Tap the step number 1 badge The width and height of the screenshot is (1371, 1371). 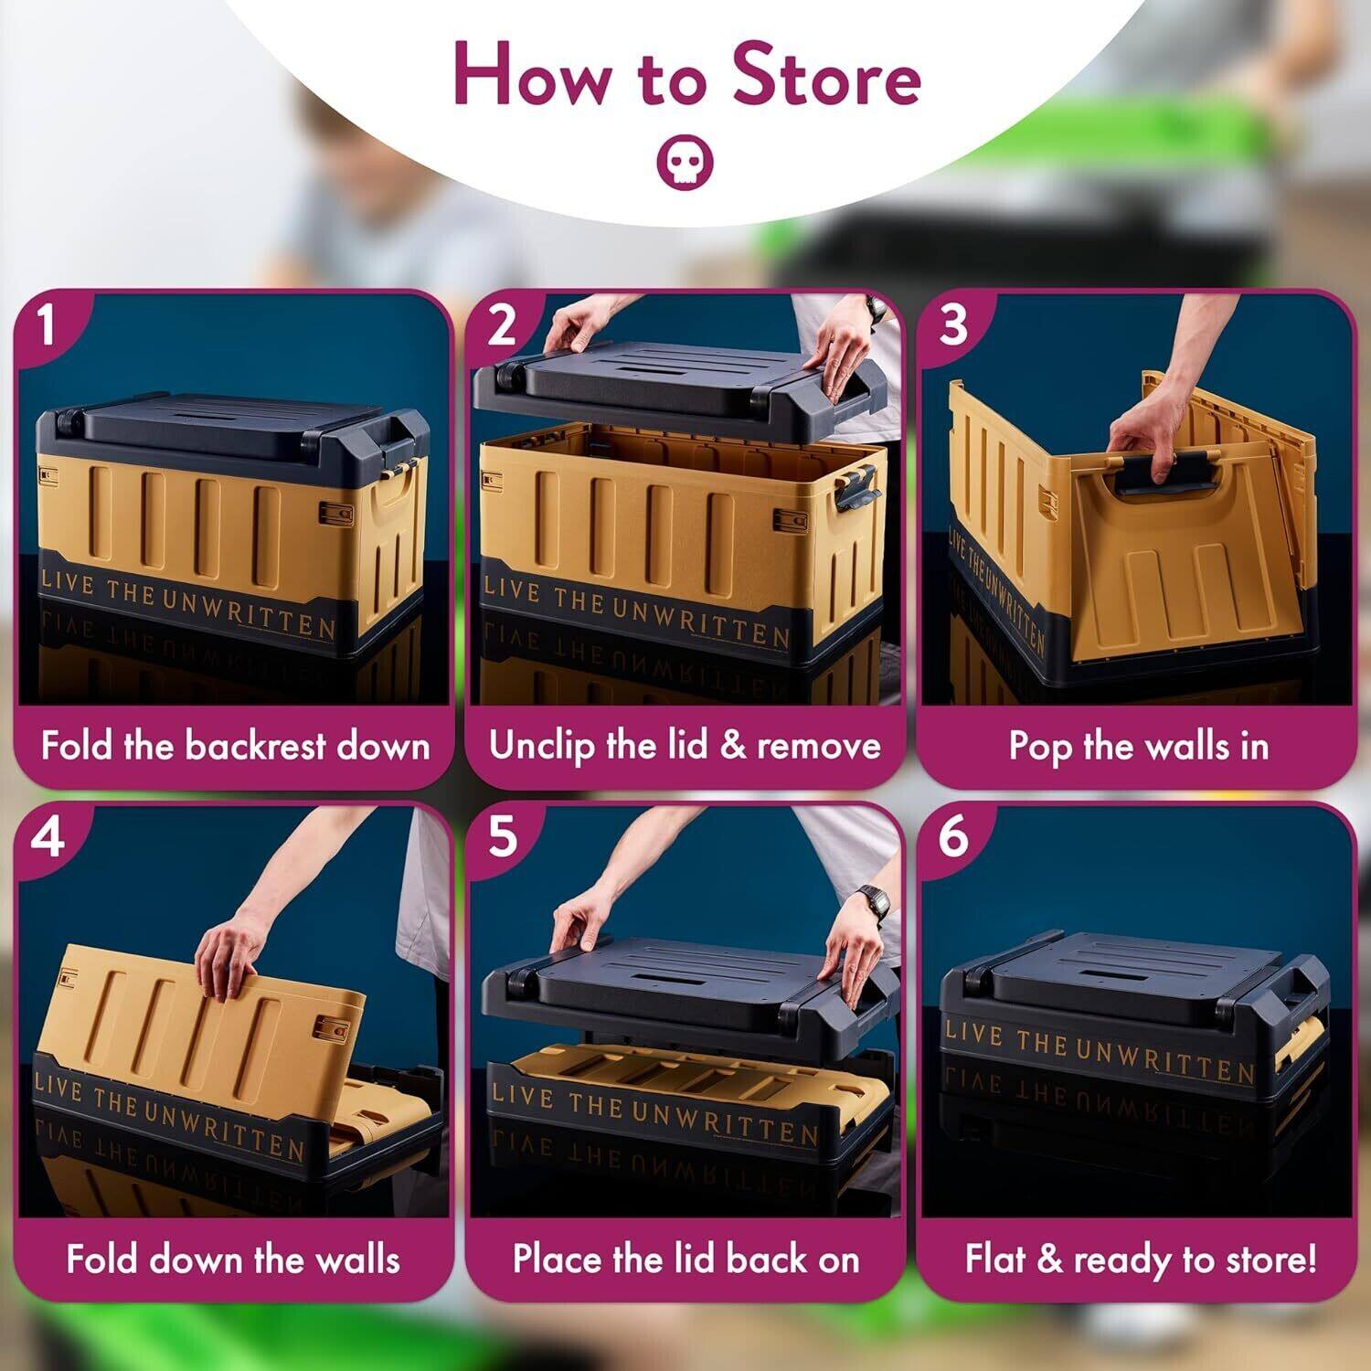point(47,326)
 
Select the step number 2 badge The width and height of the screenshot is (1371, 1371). point(500,326)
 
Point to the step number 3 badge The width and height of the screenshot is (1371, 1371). point(952,326)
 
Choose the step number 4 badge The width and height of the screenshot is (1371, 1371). point(47,838)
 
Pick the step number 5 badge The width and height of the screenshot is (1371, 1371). point(501,838)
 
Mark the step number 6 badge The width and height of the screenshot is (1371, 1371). point(952,838)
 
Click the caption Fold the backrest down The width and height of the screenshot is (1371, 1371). point(235,747)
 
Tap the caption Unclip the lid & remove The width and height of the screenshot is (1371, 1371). point(685,746)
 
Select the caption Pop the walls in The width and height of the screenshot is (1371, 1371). point(1138,747)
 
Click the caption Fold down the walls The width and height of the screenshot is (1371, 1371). point(233,1259)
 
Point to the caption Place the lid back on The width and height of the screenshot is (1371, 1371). point(685,1259)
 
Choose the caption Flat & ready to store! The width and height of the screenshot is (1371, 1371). point(1140,1259)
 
